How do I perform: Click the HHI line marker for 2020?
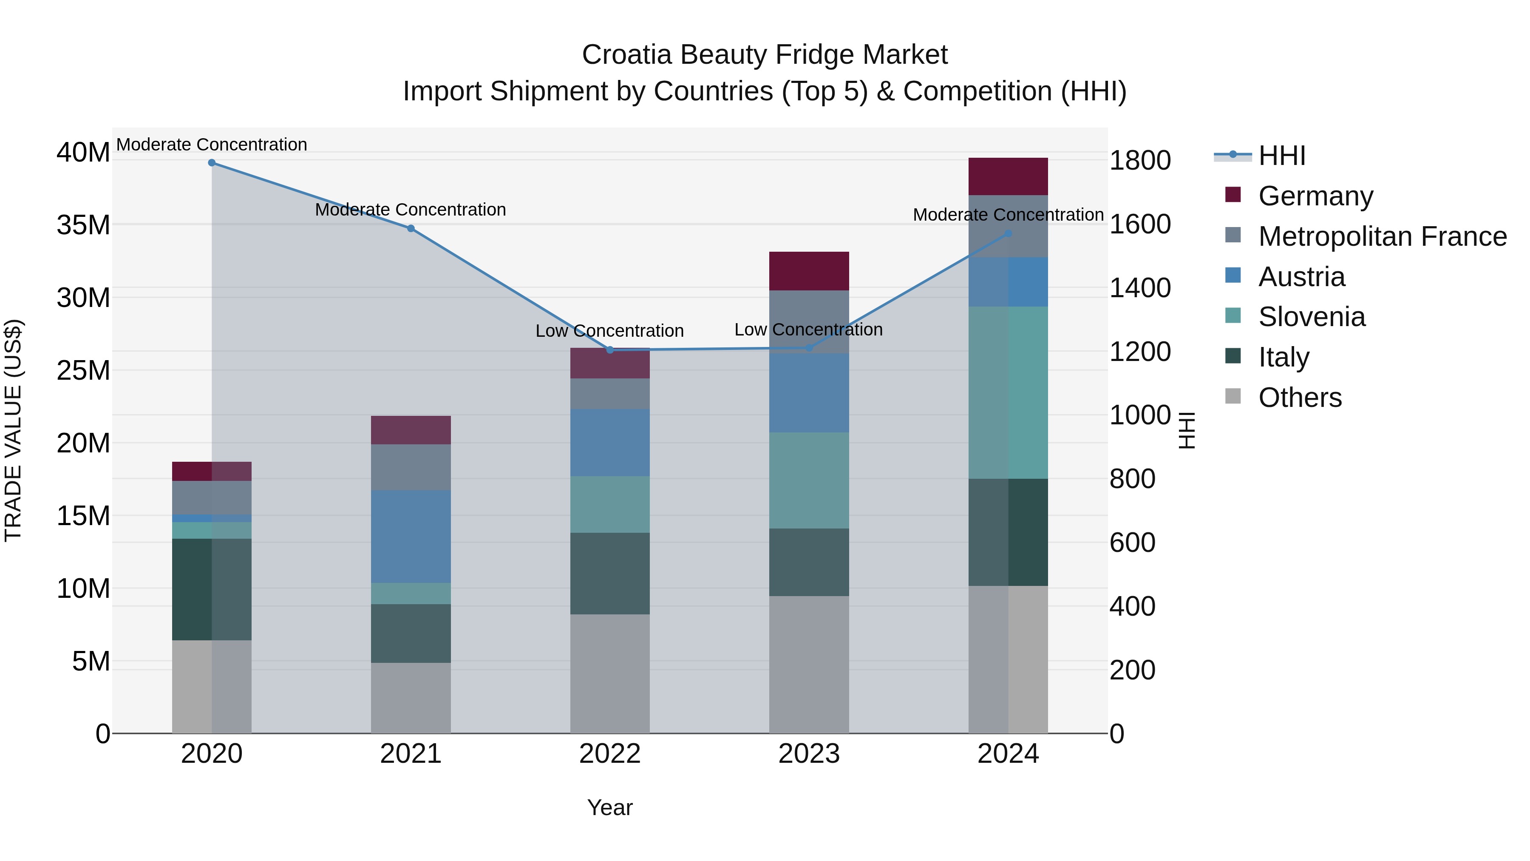[212, 163]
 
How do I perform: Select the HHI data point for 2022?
[610, 350]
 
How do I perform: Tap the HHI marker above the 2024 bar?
[1008, 234]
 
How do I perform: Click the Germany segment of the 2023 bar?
[809, 271]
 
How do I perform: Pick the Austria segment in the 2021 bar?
[411, 536]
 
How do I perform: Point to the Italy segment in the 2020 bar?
[212, 589]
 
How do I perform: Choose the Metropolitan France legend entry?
[1382, 236]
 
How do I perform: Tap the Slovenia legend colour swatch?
[1233, 316]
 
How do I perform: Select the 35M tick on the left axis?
[83, 225]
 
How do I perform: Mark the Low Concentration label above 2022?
[609, 331]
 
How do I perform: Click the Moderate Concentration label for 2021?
[411, 210]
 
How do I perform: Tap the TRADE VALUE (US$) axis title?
[14, 430]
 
